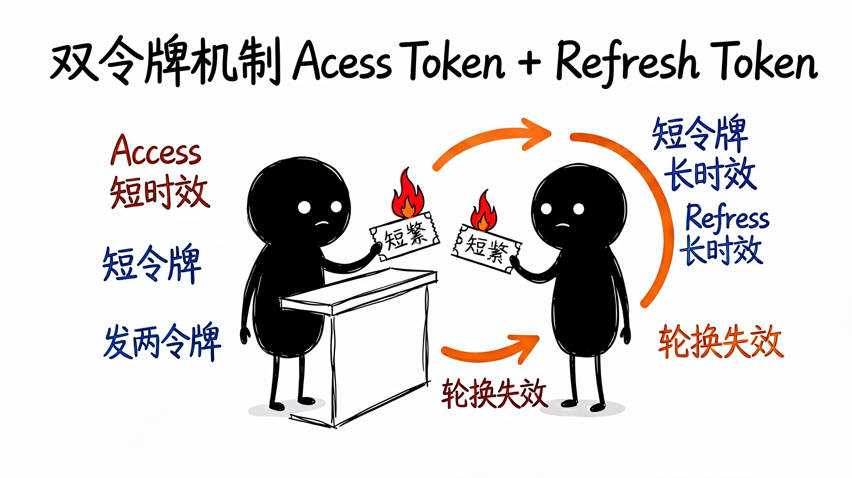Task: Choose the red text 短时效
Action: [160, 192]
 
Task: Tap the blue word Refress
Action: [727, 217]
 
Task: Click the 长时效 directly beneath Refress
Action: [721, 250]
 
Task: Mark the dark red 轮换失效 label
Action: [494, 394]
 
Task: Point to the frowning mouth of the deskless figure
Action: [563, 225]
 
